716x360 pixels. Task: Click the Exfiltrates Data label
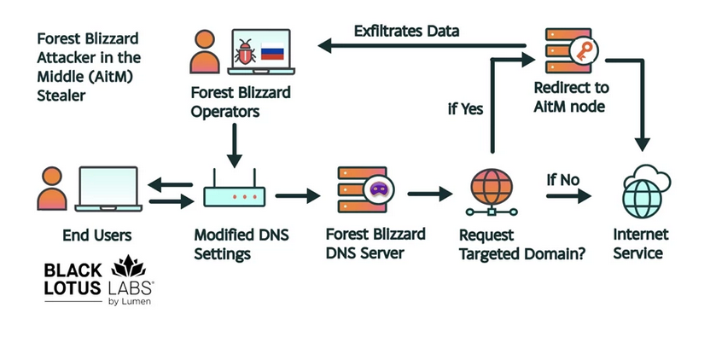407,32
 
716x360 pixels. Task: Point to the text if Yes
466,108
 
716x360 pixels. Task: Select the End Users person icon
52,189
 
